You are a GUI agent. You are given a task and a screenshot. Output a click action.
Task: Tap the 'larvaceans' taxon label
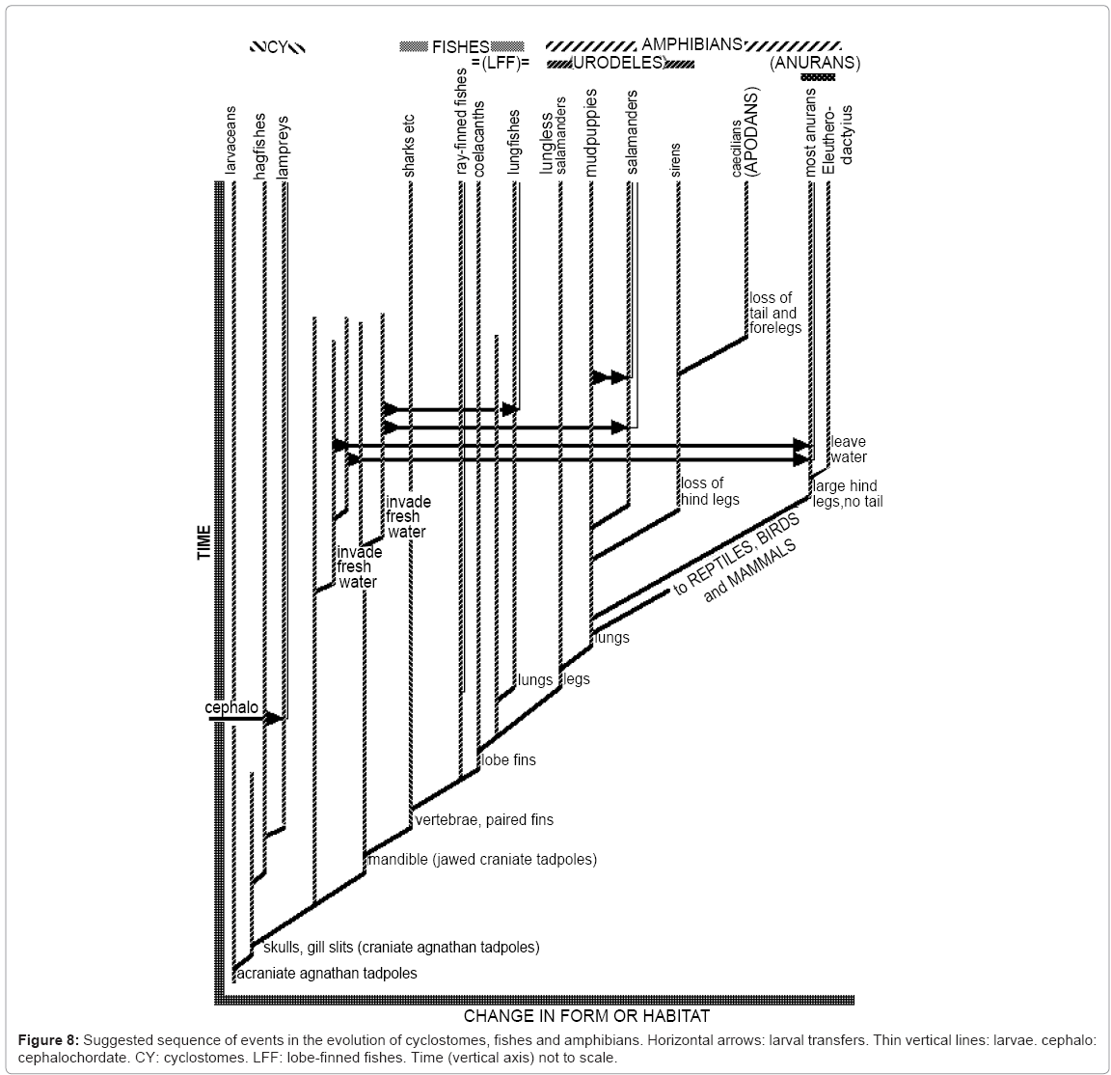[x=230, y=140]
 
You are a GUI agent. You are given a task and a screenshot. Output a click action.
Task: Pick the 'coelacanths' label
[x=478, y=137]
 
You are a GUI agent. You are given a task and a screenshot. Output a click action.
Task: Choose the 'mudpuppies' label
[x=591, y=133]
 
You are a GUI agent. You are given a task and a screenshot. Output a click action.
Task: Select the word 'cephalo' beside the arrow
[x=231, y=707]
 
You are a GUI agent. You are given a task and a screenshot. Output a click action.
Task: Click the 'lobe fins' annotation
[x=508, y=759]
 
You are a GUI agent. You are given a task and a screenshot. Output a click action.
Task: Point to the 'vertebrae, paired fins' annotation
[x=484, y=820]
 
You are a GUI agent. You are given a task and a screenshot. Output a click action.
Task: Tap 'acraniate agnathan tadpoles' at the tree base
[x=327, y=973]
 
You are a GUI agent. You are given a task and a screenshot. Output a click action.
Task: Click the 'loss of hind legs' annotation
[x=711, y=491]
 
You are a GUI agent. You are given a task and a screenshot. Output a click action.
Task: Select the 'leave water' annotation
[x=849, y=450]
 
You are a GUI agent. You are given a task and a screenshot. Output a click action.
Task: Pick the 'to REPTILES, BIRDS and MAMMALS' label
[x=739, y=560]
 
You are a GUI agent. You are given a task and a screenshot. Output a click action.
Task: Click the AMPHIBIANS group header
[x=691, y=44]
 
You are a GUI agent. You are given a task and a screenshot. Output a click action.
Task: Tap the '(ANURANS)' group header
[x=815, y=63]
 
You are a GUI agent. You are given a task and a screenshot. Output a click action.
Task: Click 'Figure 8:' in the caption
[x=48, y=1040]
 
